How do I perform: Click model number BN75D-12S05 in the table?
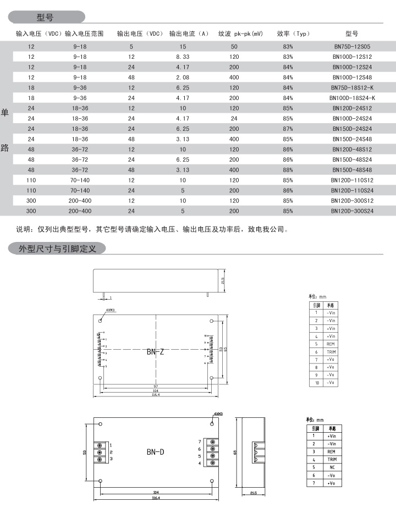pyautogui.click(x=351, y=47)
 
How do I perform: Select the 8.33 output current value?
pyautogui.click(x=183, y=57)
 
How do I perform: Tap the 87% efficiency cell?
pyautogui.click(x=288, y=128)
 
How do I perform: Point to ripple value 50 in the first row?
pyautogui.click(x=234, y=47)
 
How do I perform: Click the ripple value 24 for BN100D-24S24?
pyautogui.click(x=234, y=118)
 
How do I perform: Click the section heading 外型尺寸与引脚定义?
pyautogui.click(x=58, y=249)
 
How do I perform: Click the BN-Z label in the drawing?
pyautogui.click(x=155, y=352)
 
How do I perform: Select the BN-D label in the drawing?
pyautogui.click(x=156, y=453)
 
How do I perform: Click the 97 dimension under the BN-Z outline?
pyautogui.click(x=156, y=387)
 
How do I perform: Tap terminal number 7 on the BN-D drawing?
pyautogui.click(x=200, y=442)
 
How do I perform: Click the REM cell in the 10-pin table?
pyautogui.click(x=331, y=344)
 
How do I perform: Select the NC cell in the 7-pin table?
pyautogui.click(x=332, y=467)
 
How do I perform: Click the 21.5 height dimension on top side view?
pyautogui.click(x=223, y=281)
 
